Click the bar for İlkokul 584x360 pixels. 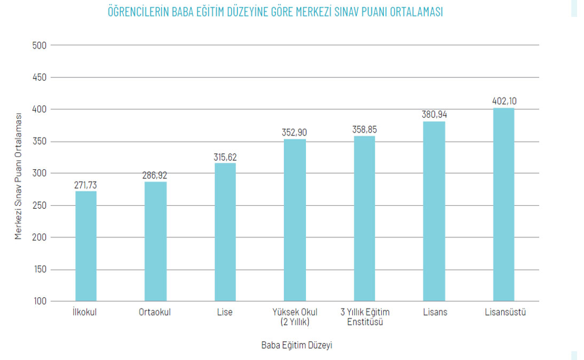pyautogui.click(x=86, y=246)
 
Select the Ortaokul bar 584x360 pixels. pyautogui.click(x=155, y=241)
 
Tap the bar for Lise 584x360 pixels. pyautogui.click(x=225, y=232)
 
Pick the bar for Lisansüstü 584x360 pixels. pyautogui.click(x=503, y=205)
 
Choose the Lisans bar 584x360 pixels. pyautogui.click(x=434, y=212)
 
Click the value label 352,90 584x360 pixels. pyautogui.click(x=295, y=132)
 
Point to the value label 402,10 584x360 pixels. pyautogui.click(x=504, y=101)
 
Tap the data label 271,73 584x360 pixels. pyautogui.click(x=86, y=185)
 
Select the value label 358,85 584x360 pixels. pyautogui.click(x=365, y=129)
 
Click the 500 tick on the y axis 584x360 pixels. pyautogui.click(x=40, y=45)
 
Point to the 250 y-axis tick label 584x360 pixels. pyautogui.click(x=40, y=206)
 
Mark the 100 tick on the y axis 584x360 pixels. pyautogui.click(x=40, y=301)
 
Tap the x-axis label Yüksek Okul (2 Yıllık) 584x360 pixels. pyautogui.click(x=295, y=317)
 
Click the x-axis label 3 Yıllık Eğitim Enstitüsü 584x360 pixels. pyautogui.click(x=365, y=317)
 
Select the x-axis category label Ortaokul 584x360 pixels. pyautogui.click(x=155, y=312)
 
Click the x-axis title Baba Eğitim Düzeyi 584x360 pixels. pyautogui.click(x=297, y=345)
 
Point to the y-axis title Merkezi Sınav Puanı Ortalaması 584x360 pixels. pyautogui.click(x=19, y=176)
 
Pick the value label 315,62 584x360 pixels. pyautogui.click(x=225, y=157)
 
